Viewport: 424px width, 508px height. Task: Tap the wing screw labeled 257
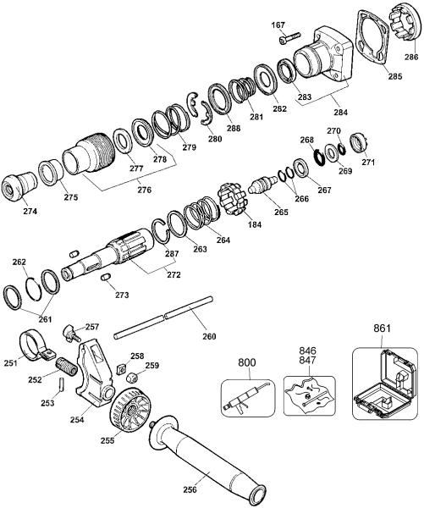pyautogui.click(x=74, y=329)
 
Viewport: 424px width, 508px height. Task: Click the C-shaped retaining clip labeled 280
pyautogui.click(x=199, y=110)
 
